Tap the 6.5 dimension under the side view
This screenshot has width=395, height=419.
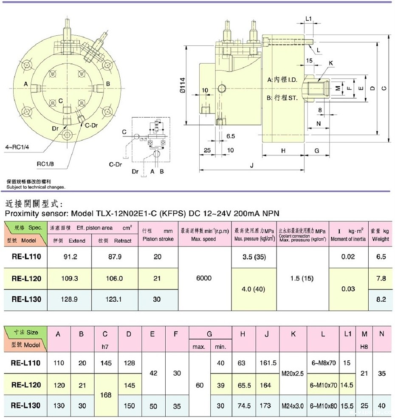point(231,136)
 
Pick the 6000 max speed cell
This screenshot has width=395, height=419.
point(205,278)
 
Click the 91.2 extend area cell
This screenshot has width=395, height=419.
point(69,257)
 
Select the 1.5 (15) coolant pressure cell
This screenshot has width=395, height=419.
point(302,278)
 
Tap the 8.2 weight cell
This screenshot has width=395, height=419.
point(381,299)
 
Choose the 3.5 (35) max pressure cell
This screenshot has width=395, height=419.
point(254,257)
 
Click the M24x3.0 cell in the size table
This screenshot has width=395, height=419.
point(293,406)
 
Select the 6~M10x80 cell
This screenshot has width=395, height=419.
point(323,406)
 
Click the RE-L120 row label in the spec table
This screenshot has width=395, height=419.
point(26,278)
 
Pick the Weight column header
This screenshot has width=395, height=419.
point(381,239)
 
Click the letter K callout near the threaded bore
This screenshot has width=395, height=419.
point(331,62)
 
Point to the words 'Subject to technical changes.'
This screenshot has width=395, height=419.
point(36,187)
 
